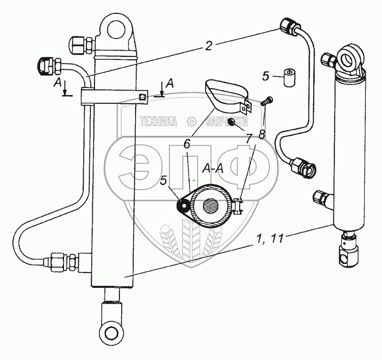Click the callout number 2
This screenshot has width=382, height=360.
tap(209, 46)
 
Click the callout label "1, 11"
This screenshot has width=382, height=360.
tap(270, 238)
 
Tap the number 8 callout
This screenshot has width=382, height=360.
tap(262, 134)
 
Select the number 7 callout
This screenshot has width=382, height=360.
tap(248, 139)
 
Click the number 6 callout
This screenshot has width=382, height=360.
tap(187, 144)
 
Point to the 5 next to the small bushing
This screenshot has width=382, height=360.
tap(265, 76)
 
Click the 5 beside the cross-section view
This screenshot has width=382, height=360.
tap(163, 181)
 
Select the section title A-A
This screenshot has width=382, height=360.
tap(212, 168)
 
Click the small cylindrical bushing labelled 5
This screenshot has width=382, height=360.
tap(289, 77)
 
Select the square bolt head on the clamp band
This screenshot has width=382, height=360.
tap(142, 97)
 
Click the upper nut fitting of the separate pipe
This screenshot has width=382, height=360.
tap(289, 26)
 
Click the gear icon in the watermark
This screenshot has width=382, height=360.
tap(191, 121)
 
